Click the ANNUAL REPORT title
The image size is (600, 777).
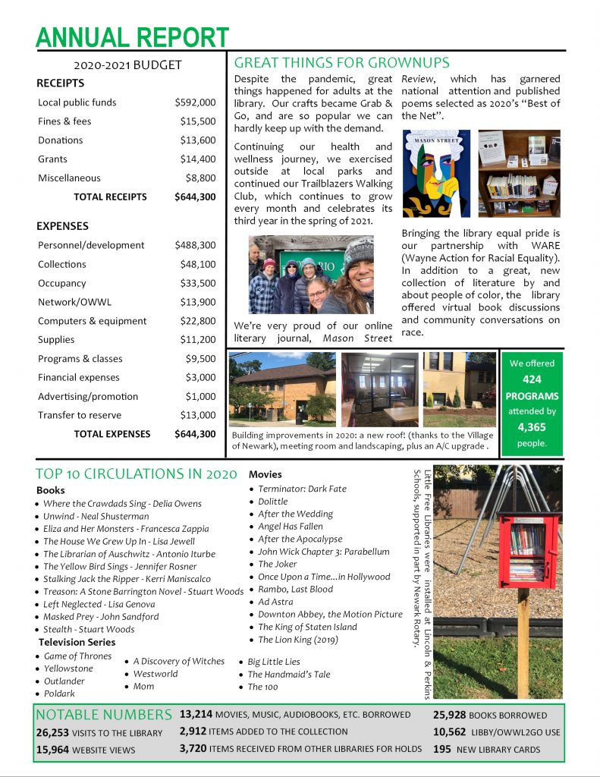tap(132, 36)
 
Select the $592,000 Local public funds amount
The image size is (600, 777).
tap(195, 102)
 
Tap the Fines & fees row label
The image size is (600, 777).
tap(64, 121)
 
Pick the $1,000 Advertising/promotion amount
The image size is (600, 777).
tap(200, 396)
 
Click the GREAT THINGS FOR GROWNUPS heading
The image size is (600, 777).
tap(342, 63)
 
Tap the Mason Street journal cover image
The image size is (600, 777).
tap(436, 174)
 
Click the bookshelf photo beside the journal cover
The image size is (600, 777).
tap(519, 174)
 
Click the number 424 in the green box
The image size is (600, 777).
tap(531, 379)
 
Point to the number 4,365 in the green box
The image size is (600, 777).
tap(531, 427)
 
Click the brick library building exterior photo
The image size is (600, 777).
tap(281, 388)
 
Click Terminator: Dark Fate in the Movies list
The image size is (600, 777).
tap(302, 489)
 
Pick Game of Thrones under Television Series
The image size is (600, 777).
tap(77, 656)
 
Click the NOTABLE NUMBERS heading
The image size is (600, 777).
tap(104, 715)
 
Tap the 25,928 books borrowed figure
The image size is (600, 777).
tap(449, 715)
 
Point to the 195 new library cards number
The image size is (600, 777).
tap(441, 749)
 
